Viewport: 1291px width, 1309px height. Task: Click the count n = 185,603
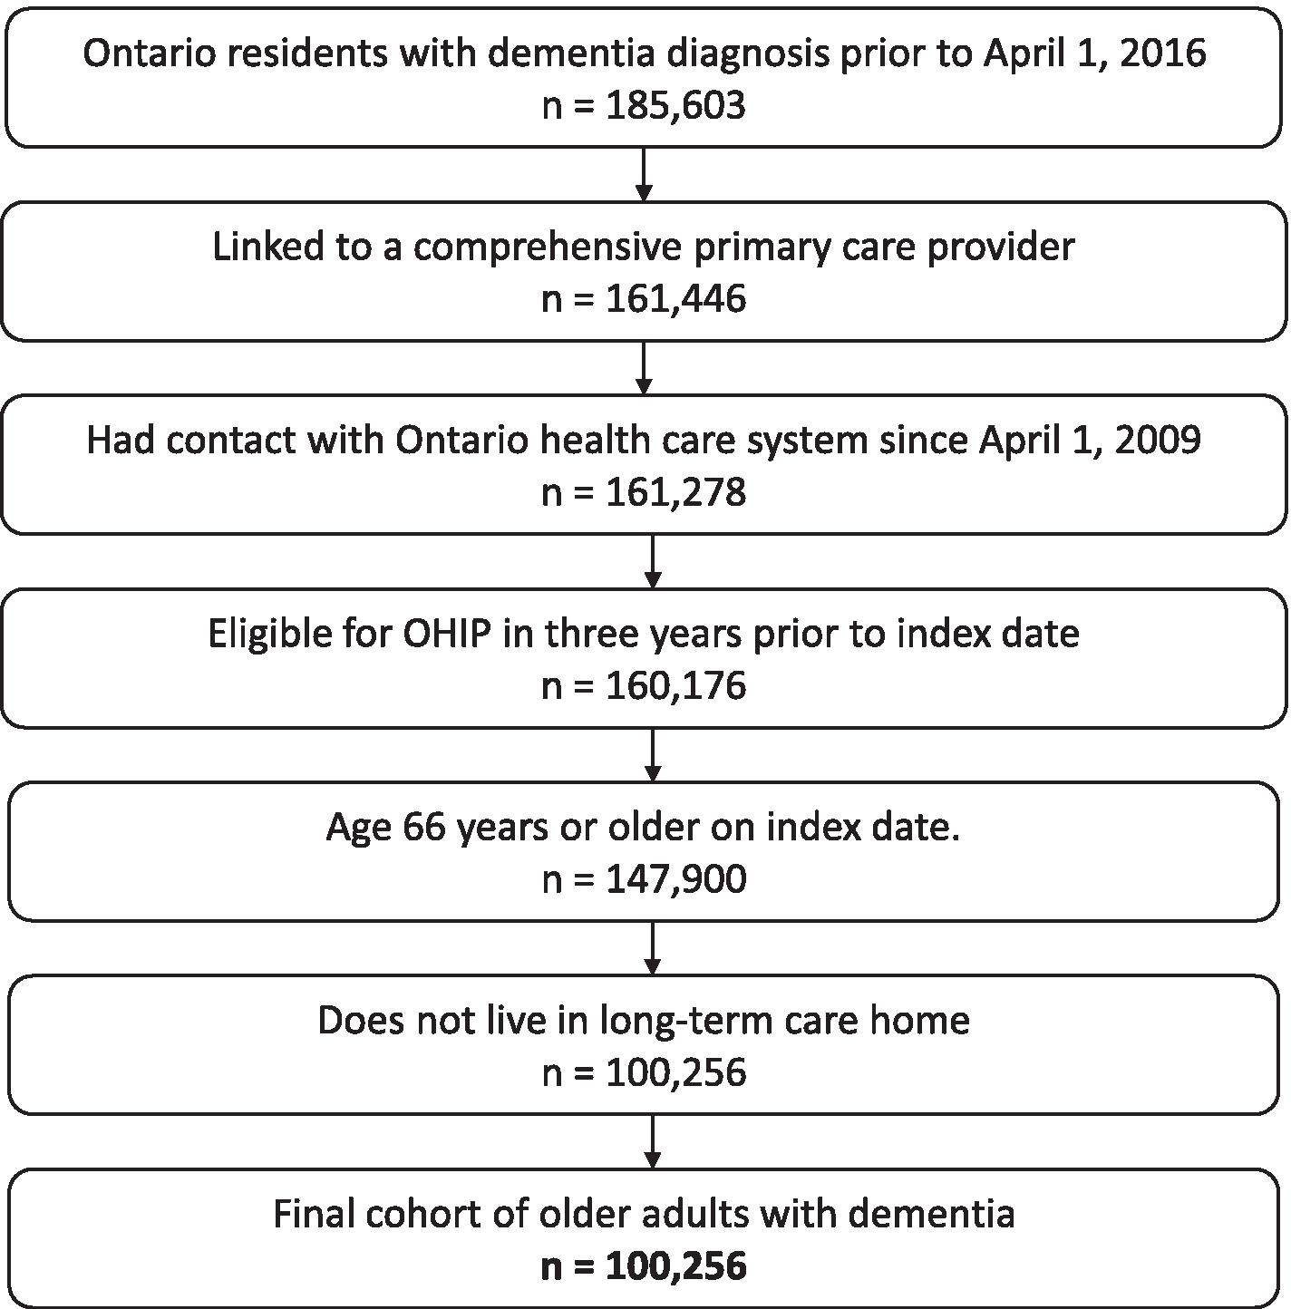(644, 105)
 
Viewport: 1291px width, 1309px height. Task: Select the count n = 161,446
(644, 298)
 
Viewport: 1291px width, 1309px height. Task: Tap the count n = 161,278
(644, 492)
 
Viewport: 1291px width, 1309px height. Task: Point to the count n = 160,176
(644, 685)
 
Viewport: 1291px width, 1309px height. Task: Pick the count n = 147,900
(644, 879)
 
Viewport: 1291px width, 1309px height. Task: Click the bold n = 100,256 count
(644, 1265)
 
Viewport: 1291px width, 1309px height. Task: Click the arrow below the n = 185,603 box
(644, 174)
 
